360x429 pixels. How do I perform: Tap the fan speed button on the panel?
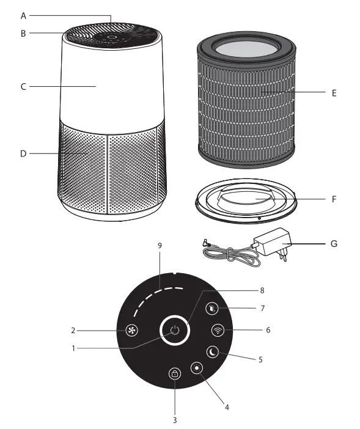[131, 331]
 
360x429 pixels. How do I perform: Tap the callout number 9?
[160, 246]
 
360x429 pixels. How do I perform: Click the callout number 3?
[175, 420]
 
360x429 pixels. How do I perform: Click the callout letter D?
[23, 153]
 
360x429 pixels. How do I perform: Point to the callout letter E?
[334, 93]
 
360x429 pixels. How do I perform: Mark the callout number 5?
[260, 360]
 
